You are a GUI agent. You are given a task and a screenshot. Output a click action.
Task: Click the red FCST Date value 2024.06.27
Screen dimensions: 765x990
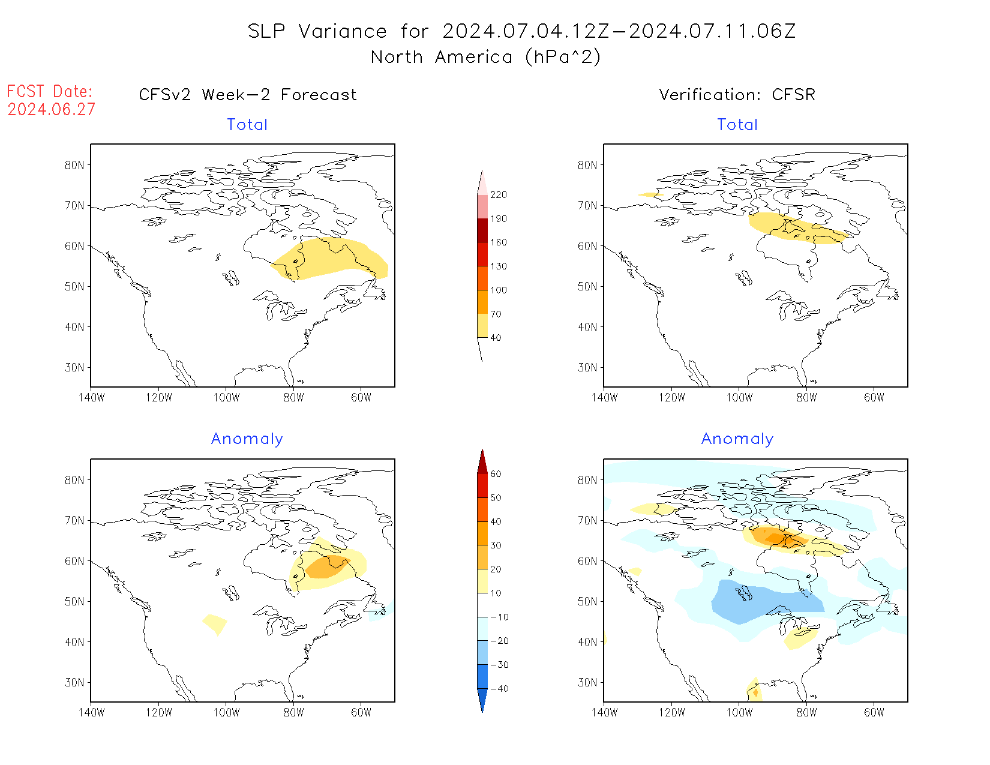coord(51,109)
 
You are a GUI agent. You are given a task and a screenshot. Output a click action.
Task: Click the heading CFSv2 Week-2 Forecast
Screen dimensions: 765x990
coord(247,95)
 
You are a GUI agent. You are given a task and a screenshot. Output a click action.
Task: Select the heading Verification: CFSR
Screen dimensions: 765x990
coord(737,95)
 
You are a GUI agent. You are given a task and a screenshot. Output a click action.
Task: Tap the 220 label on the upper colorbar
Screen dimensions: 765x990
coord(498,195)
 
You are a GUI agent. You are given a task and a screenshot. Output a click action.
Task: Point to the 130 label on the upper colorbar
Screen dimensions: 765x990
coord(498,266)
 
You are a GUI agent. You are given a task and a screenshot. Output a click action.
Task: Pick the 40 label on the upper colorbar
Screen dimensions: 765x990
coord(496,338)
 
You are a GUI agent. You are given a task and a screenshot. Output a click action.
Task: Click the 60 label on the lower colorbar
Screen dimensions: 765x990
coord(496,474)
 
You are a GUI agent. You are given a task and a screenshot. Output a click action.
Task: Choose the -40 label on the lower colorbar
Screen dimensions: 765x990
coord(499,689)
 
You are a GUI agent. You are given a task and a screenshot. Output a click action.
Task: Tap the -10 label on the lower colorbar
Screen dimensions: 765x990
coord(499,617)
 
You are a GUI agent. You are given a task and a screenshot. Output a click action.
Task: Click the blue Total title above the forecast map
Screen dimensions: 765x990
coord(247,125)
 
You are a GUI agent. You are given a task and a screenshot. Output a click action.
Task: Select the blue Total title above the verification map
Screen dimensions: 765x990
coord(737,125)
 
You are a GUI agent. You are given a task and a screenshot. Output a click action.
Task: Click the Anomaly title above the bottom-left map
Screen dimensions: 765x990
coord(247,439)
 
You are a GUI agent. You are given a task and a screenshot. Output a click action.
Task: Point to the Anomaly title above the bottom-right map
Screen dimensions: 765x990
coord(737,439)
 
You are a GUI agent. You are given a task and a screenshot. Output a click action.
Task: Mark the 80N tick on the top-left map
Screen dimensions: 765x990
coord(74,166)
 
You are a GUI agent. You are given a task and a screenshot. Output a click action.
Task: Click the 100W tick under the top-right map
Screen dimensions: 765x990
coord(739,397)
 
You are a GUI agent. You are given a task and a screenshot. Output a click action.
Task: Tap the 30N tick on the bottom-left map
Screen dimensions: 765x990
coord(74,683)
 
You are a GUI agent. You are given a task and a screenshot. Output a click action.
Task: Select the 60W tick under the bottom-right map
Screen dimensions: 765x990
coord(874,712)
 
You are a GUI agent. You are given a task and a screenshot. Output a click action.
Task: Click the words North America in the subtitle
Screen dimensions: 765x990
coord(441,57)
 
